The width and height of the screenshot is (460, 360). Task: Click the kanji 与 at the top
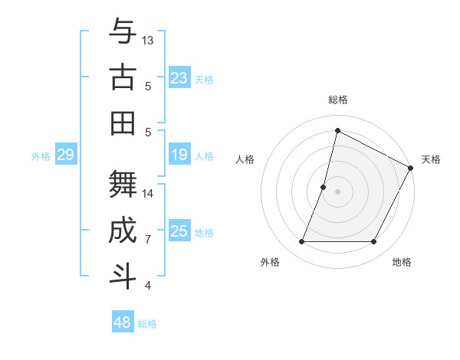(x=123, y=32)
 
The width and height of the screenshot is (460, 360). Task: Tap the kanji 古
(x=123, y=77)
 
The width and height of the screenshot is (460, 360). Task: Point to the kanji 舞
(x=123, y=184)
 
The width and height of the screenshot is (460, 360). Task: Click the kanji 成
(x=123, y=231)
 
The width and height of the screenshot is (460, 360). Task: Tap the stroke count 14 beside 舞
(x=148, y=193)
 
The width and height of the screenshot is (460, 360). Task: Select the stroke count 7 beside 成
(x=148, y=240)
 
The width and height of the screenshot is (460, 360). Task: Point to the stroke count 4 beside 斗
(x=148, y=286)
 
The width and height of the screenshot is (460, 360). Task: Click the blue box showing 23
(x=179, y=77)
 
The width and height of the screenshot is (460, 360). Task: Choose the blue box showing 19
(x=179, y=155)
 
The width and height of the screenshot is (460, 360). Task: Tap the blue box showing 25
(x=179, y=231)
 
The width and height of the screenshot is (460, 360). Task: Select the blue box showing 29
(x=65, y=155)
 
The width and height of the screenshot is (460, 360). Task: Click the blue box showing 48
(x=123, y=322)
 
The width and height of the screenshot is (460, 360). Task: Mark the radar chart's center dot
(x=337, y=191)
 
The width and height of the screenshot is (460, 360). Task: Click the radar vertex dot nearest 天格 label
(x=411, y=169)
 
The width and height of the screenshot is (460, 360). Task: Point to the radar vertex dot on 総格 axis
(x=337, y=130)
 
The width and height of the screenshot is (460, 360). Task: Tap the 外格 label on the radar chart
(x=270, y=262)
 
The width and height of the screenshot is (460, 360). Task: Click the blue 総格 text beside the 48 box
(x=147, y=324)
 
